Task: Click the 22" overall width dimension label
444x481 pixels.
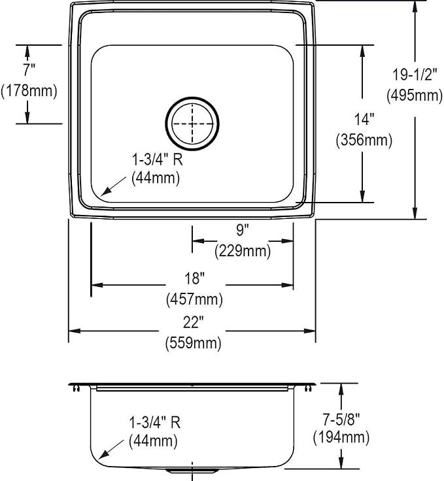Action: [x=194, y=322]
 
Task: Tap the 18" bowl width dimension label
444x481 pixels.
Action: [x=194, y=278]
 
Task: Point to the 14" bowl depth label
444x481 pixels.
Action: [x=364, y=119]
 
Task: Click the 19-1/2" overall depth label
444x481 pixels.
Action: [x=415, y=75]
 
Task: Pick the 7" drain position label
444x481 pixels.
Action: [x=29, y=70]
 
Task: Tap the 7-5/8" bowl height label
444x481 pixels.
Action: [x=341, y=419]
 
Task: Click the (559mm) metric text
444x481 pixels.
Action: [x=194, y=342]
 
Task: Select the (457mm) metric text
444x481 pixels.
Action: [x=194, y=299]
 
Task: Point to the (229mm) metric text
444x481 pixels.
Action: [x=243, y=251]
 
